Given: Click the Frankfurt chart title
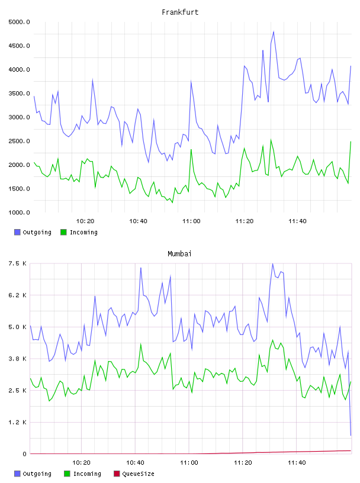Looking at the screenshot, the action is (180, 12).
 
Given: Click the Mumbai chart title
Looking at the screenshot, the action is (179, 253).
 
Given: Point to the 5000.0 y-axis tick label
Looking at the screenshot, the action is (19, 22).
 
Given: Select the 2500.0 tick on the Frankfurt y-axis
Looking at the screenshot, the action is (19, 141).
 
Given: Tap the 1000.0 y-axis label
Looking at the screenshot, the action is (19, 212).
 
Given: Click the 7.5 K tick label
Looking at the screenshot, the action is (17, 263).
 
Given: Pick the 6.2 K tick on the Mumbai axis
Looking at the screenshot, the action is (17, 295).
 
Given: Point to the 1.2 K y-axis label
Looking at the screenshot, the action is (17, 422).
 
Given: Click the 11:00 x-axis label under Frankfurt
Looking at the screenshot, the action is (191, 221).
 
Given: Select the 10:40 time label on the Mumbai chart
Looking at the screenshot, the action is (135, 463).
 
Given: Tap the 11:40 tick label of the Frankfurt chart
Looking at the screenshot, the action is (297, 221).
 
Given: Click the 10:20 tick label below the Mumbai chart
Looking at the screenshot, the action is (81, 463).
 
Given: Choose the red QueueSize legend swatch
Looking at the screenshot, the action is (117, 474).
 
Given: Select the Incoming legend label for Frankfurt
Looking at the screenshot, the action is (83, 232).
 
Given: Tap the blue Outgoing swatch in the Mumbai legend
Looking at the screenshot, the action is (17, 474).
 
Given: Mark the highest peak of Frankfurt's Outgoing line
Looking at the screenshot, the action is (274, 31).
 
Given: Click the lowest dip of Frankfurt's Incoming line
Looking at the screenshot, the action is (172, 202).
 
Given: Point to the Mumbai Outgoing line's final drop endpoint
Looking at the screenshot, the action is (351, 436).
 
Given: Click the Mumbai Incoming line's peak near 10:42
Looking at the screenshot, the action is (140, 344).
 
